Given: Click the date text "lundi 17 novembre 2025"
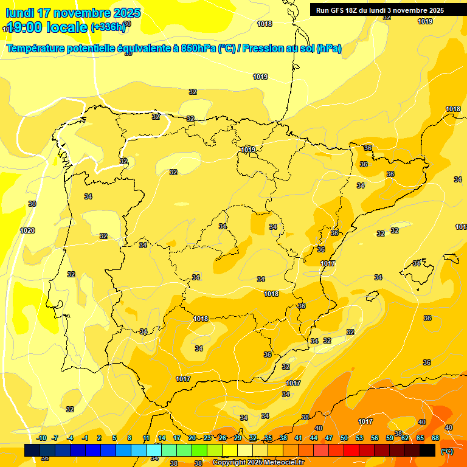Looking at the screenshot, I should click(73, 13).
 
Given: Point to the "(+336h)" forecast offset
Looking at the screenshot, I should click(108, 27).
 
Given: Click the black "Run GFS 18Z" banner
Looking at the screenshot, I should click(380, 10).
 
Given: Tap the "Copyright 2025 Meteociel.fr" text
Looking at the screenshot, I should click(258, 463).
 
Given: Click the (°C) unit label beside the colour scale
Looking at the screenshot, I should click(446, 451).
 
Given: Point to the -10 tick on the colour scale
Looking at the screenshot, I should click(41, 438).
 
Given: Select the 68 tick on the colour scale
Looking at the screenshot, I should click(435, 438).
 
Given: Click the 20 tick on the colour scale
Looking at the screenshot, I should click(192, 438).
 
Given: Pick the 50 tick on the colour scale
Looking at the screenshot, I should click(344, 438).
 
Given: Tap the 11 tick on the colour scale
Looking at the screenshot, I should click(147, 438).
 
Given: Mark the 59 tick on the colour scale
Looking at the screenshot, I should click(390, 438).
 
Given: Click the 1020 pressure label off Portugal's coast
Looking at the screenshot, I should click(27, 230).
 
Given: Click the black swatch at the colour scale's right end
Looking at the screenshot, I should click(427, 450).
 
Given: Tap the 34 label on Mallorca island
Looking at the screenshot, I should click(417, 263).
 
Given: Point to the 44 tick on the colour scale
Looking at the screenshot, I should click(314, 438).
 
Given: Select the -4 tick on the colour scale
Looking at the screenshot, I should click(70, 438).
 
